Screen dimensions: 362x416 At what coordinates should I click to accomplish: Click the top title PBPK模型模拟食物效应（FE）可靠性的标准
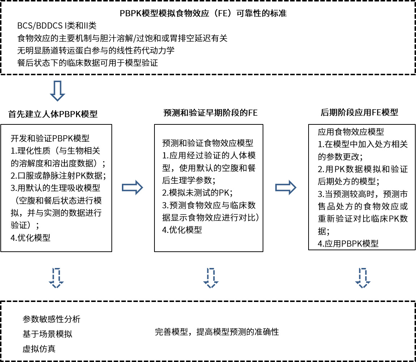pos(203,14)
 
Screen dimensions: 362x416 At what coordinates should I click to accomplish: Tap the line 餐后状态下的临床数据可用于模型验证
pos(88,63)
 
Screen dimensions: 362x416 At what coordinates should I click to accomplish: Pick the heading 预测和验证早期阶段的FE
pos(211,112)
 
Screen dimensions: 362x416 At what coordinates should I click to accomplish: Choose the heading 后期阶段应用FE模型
pos(359,112)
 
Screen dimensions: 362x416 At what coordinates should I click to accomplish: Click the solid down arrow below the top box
pos(57,90)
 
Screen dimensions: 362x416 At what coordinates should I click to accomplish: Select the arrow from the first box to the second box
pos(133,188)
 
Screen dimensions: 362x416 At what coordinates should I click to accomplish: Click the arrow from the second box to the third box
pos(286,187)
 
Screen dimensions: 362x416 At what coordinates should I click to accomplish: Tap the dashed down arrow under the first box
pos(57,278)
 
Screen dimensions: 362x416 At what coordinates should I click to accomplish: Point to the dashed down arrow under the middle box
pos(211,278)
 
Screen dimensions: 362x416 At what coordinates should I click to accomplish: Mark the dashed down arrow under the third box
pos(362,278)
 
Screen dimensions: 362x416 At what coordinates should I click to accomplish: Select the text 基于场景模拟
pos(47,334)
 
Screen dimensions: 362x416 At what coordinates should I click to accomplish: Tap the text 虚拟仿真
pos(39,349)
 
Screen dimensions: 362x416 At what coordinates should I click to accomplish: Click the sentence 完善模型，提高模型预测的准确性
pos(217,332)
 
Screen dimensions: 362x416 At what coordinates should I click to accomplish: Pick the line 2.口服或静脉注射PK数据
pos(58,176)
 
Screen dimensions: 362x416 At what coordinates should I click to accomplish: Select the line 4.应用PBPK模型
pos(348,244)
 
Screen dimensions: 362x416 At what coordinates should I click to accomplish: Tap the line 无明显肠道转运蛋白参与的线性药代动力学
pos(96,50)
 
